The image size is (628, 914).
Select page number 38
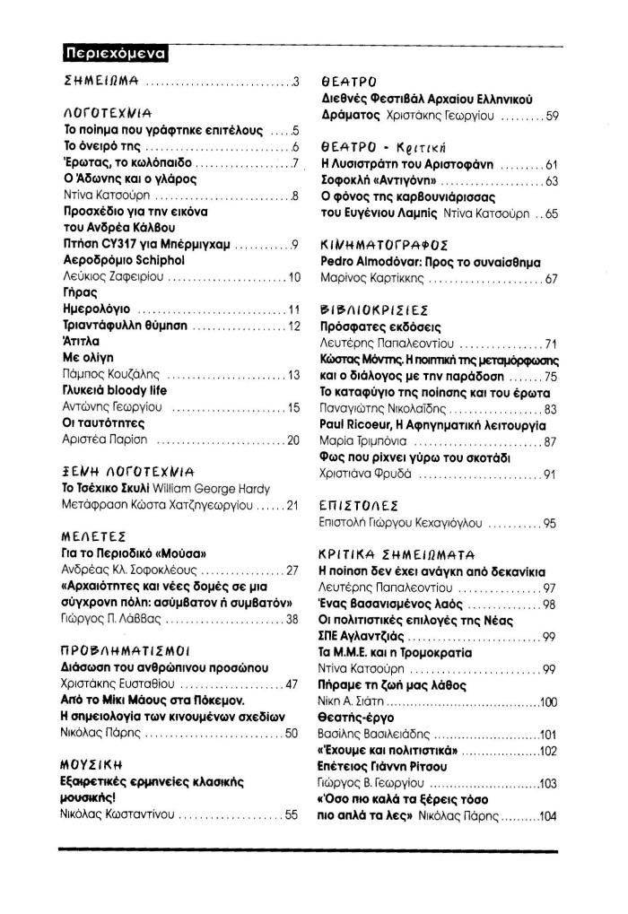tap(291, 620)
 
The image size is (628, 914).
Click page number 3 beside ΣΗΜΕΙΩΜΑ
tap(294, 82)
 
